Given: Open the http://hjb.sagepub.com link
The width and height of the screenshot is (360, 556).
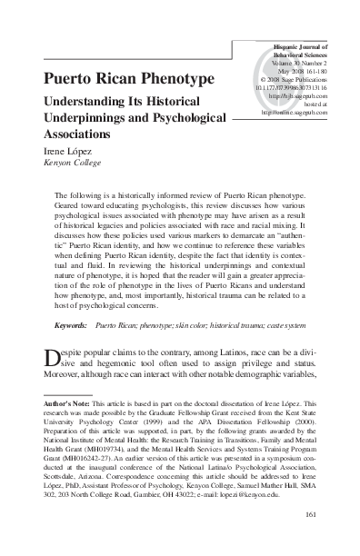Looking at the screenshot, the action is (x=293, y=96).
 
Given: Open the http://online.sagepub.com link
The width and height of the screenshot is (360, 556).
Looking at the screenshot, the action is (x=293, y=113).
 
